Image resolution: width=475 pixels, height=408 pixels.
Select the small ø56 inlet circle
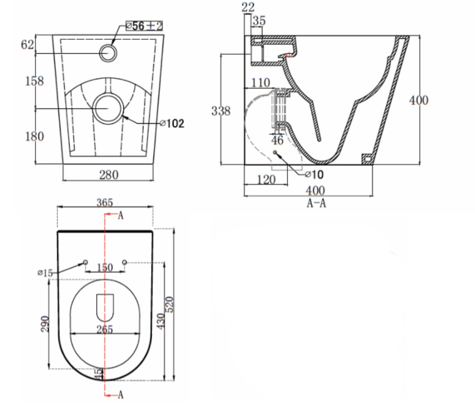tap(108, 53)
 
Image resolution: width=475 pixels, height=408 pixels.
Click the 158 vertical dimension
tap(34, 81)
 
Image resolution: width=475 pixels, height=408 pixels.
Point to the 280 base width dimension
tap(108, 175)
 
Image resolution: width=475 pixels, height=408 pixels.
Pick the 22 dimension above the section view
tap(249, 7)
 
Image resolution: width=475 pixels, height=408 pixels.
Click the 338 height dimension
tap(221, 111)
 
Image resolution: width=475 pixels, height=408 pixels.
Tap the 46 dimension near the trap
tap(277, 140)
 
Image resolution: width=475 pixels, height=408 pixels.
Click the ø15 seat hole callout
tap(45, 273)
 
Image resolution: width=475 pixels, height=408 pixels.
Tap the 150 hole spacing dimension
tap(105, 267)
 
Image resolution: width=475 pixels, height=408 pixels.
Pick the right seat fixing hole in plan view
tap(124, 262)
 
